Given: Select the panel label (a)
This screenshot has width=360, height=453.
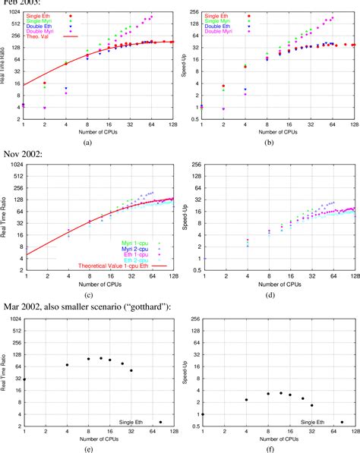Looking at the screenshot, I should click(88, 142).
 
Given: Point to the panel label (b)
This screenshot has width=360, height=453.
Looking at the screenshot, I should click(268, 142).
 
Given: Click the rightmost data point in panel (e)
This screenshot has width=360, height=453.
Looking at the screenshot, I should click(160, 423).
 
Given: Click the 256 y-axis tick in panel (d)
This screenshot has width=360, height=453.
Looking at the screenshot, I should click(194, 165).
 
